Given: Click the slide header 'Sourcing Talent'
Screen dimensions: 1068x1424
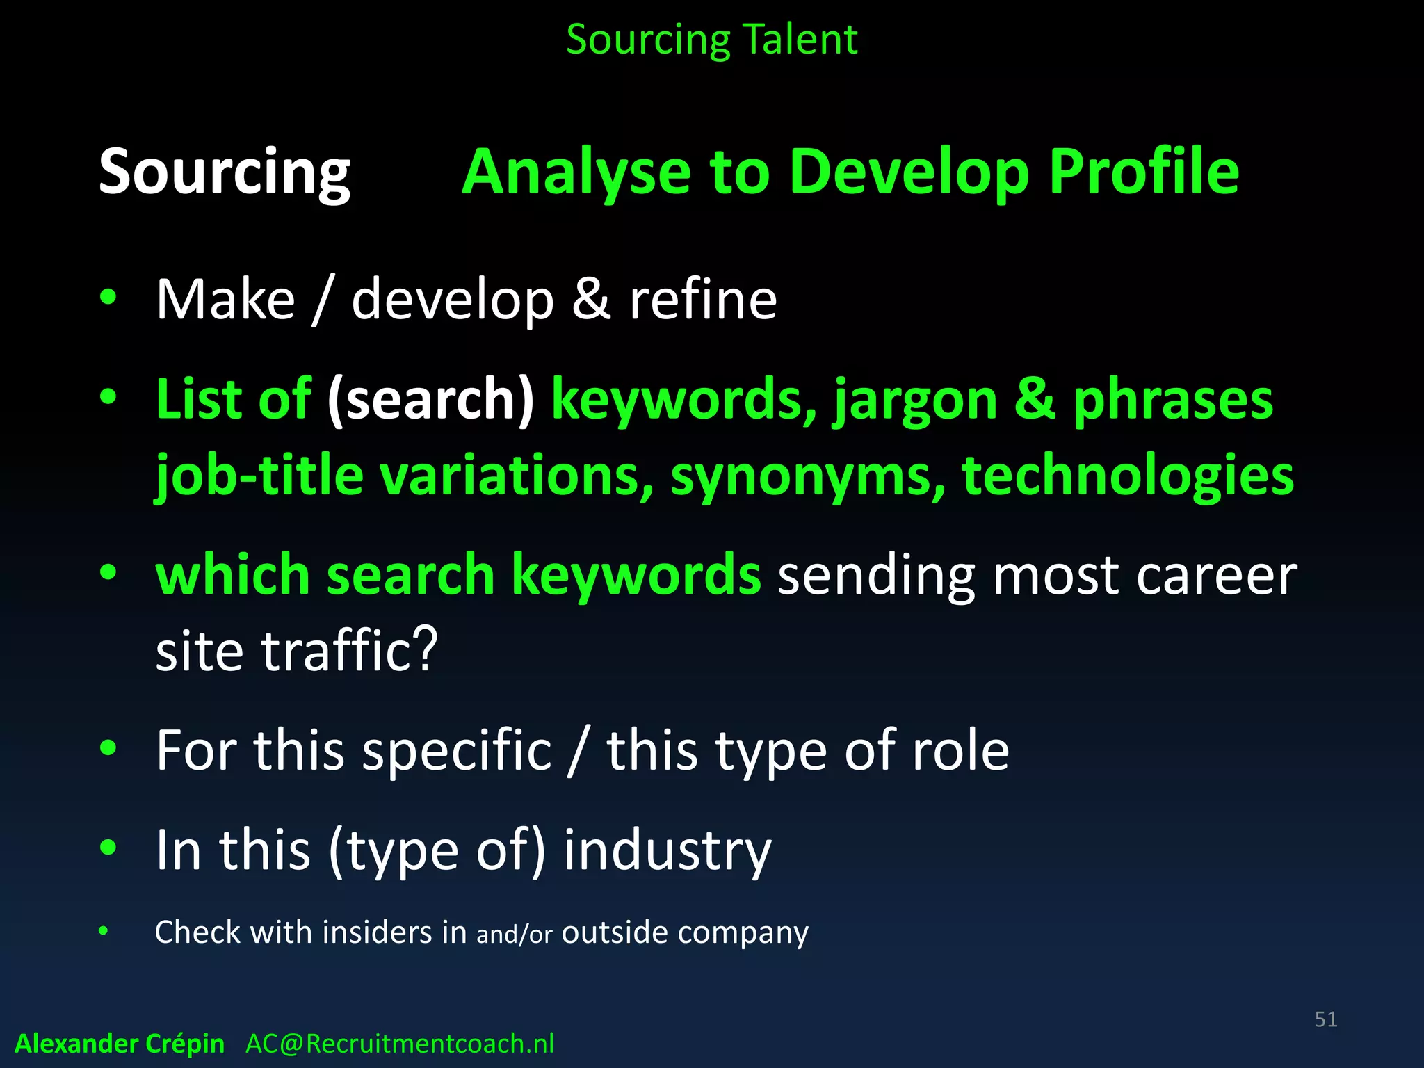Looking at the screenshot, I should [x=711, y=40].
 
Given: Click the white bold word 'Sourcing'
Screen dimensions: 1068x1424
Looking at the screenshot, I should [x=225, y=172].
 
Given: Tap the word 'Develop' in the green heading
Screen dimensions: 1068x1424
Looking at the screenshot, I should [x=909, y=172].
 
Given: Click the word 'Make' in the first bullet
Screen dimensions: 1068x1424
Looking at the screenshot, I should [x=225, y=300].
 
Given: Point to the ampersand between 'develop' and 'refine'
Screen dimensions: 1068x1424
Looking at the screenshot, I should [x=591, y=300].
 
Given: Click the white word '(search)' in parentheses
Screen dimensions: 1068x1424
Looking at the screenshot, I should [x=431, y=399].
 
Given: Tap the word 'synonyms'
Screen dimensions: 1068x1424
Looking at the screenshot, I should [x=807, y=476].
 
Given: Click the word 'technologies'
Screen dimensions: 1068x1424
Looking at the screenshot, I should [x=1127, y=476].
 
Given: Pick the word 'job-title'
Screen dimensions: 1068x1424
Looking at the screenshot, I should [x=259, y=476].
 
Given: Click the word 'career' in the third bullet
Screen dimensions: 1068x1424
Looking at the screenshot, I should [x=1216, y=576].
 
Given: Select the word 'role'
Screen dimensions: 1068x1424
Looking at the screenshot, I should [x=960, y=750].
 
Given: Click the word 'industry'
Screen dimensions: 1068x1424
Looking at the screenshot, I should [x=667, y=850].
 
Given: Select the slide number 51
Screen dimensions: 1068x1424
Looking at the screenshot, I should [x=1325, y=1019].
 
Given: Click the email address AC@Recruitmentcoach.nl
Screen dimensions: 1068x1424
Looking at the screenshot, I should [x=400, y=1044].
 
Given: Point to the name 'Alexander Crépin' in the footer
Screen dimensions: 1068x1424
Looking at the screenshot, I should [x=120, y=1044].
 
